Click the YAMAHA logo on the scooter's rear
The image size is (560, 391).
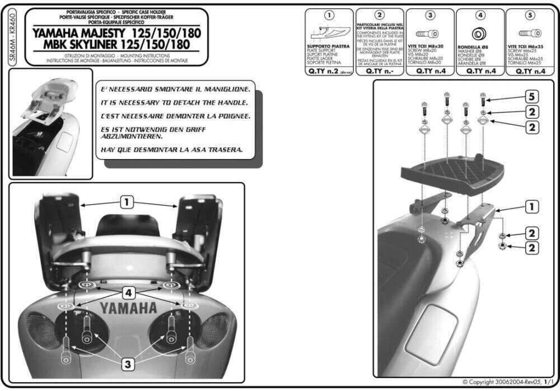[x=128, y=308]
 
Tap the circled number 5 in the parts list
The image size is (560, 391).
[x=530, y=15]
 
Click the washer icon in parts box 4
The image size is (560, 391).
[x=480, y=32]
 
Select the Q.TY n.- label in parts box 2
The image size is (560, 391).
[x=380, y=72]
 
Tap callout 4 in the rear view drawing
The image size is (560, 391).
[x=128, y=292]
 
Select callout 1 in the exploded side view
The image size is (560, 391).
[x=530, y=207]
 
